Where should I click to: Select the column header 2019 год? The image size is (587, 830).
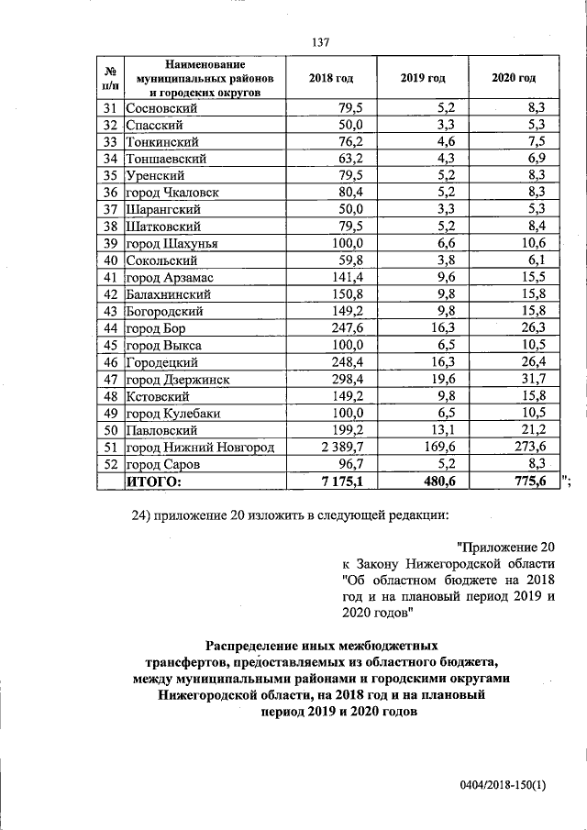pos(422,79)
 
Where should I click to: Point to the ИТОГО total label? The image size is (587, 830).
pos(154,481)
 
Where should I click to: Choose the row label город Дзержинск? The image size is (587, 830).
pos(178,379)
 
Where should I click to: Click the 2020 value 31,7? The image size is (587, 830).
pos(531,379)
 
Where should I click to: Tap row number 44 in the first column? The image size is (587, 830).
pos(111,328)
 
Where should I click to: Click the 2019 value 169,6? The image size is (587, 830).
pos(438,447)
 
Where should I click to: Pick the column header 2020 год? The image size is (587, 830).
pos(514,79)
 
